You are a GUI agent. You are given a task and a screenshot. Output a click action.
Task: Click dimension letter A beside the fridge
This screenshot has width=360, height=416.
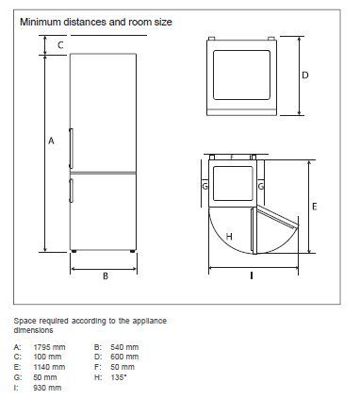(x=51, y=141)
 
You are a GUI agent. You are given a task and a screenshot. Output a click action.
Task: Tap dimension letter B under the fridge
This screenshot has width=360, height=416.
(x=106, y=275)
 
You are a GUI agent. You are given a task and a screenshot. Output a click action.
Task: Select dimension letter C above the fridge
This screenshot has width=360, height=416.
(x=60, y=45)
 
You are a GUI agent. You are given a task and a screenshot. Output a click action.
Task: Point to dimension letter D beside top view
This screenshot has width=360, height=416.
(x=305, y=75)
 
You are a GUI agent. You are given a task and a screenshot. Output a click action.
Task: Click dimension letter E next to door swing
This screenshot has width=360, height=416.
(x=314, y=207)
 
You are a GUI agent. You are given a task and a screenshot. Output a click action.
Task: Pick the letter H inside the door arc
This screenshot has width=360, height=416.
(x=229, y=237)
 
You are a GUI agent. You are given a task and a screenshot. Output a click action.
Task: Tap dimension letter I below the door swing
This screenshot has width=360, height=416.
(x=252, y=275)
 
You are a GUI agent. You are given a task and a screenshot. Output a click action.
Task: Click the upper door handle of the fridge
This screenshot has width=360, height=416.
(x=72, y=148)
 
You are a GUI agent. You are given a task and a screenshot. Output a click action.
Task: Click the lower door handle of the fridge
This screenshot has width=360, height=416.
(x=72, y=191)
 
